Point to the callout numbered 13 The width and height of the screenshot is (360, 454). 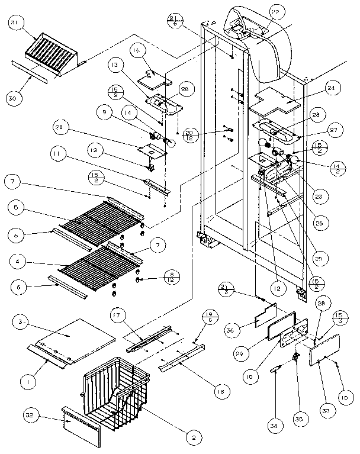pyautogui.click(x=115, y=65)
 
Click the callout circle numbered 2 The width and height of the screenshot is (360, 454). pyautogui.click(x=194, y=437)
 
